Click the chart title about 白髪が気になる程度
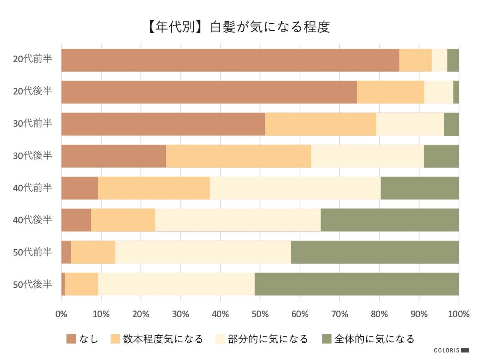pos(238,27)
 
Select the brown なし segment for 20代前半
pos(230,60)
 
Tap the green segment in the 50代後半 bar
pos(357,284)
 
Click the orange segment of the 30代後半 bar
pos(238,156)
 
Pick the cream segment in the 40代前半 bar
pos(295,188)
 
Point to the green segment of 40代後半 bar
pos(390,220)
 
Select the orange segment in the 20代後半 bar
pos(390,92)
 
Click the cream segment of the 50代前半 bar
pos(203,252)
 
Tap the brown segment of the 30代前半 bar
pos(163,124)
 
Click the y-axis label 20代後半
pos(33,91)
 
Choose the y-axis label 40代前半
pos(33,187)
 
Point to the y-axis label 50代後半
pos(33,284)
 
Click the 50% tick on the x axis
pos(260,314)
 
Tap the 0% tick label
pos(61,314)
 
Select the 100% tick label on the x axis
pos(459,314)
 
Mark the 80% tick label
pos(379,314)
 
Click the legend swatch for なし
pos(71,339)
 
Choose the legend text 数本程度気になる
pos(163,339)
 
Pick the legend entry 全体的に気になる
pos(374,339)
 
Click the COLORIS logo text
pos(447,350)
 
